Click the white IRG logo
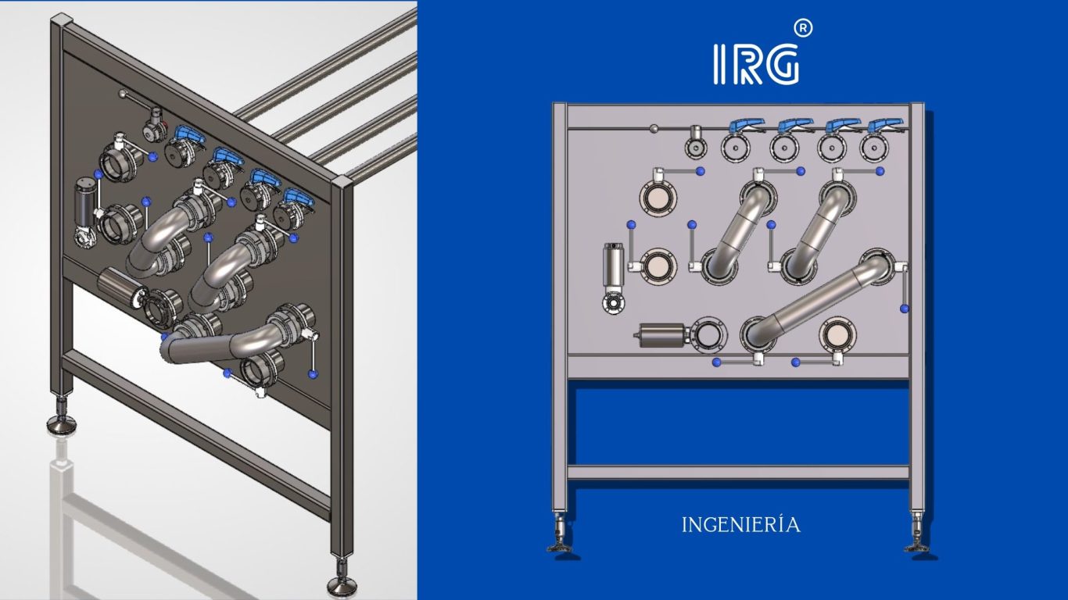pos(756,64)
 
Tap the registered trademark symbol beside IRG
pos(803,29)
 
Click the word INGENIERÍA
pos(741,525)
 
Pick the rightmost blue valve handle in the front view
pos(885,125)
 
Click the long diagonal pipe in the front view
pos(818,299)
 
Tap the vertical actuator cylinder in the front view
pos(614,265)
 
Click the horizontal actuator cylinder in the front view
pos(661,335)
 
